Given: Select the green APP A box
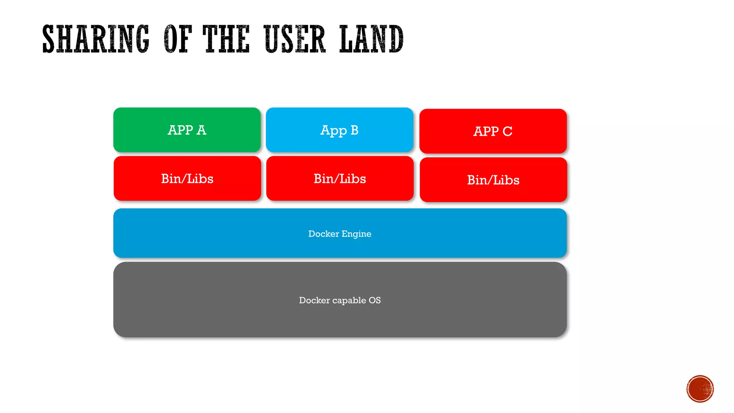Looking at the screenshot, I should coord(187,130).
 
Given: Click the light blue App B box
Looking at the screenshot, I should coord(339,130).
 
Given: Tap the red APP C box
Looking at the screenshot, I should coord(493,131).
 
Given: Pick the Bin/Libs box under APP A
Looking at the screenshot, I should coord(187,179).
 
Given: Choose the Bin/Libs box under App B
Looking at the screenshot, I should coord(340,179).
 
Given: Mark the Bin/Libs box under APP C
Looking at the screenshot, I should coord(493,180).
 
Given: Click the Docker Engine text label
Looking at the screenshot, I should coord(340,234).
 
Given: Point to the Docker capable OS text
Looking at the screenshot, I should coord(340,300).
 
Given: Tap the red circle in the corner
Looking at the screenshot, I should coord(700,389).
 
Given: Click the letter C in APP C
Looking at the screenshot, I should coord(507,132).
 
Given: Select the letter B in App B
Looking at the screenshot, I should coord(354,130).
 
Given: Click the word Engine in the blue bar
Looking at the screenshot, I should coord(356,234).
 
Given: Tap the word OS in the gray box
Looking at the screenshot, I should coord(375,300).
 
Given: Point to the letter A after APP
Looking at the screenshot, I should coord(201,130).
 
